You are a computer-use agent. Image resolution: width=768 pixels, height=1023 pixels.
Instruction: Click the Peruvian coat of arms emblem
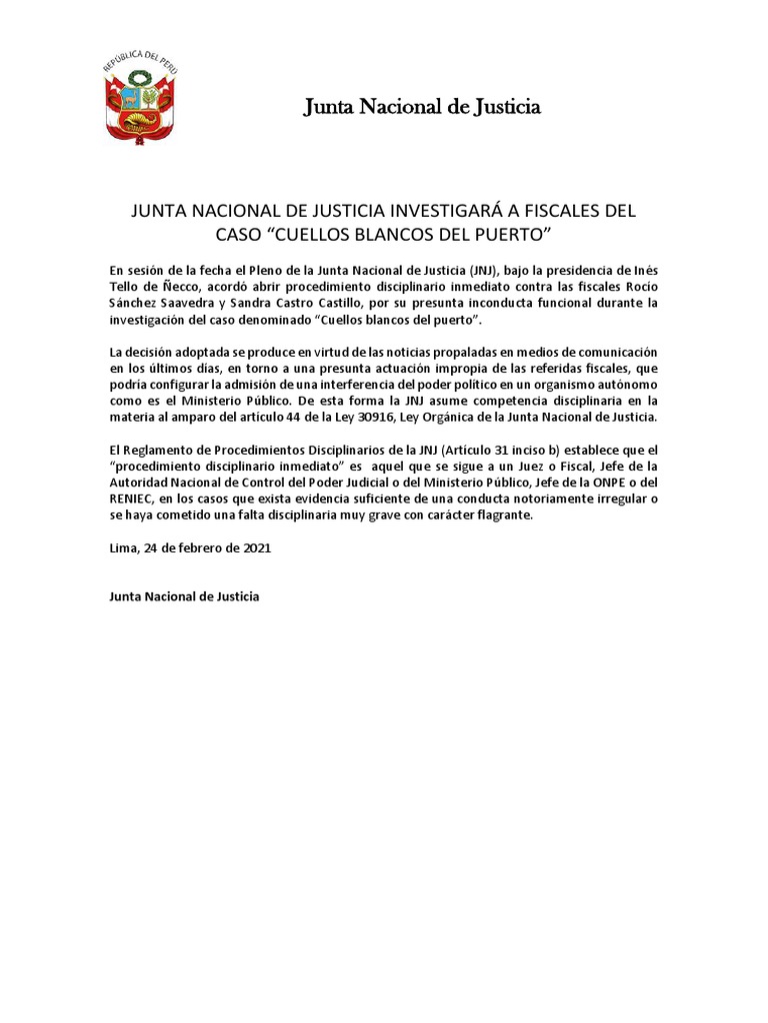pos(141,102)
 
